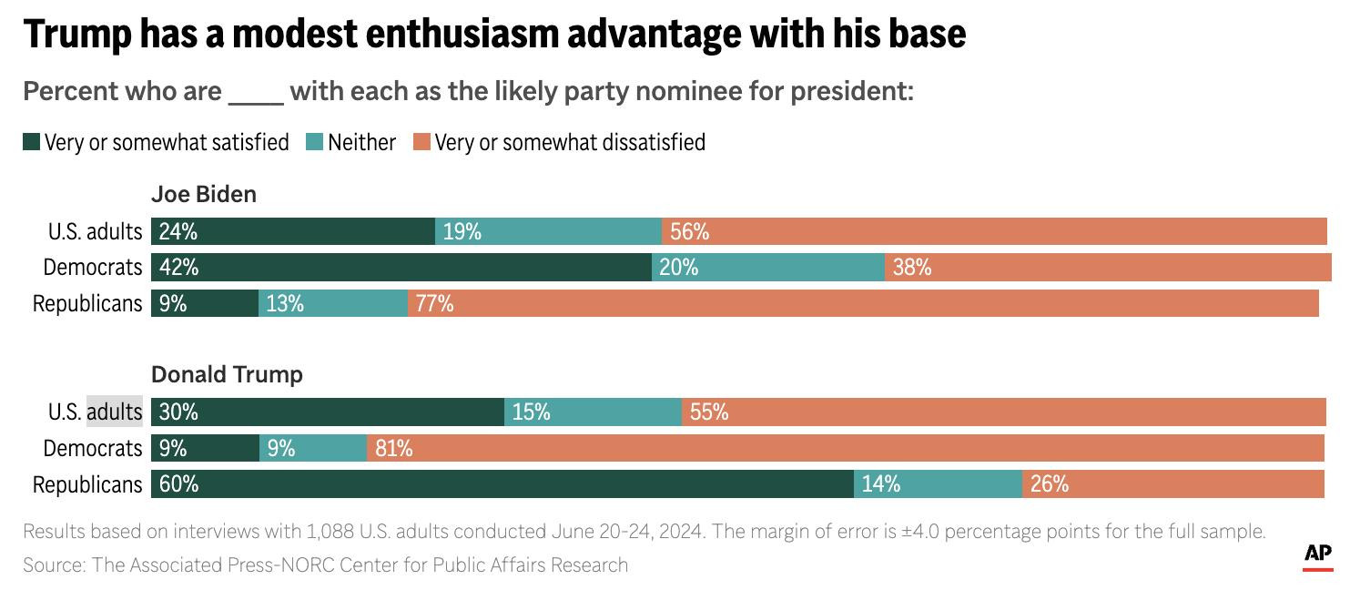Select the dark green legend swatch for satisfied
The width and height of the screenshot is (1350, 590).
click(32, 142)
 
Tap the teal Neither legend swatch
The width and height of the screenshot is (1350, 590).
click(314, 142)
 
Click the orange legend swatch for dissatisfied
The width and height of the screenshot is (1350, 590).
click(421, 142)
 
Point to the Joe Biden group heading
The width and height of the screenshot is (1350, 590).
click(203, 194)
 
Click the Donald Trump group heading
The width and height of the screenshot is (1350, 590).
click(227, 374)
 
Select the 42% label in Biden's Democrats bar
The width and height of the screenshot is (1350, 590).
click(178, 267)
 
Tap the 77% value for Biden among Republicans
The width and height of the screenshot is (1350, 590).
click(434, 303)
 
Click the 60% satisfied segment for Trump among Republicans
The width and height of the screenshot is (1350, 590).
click(502, 484)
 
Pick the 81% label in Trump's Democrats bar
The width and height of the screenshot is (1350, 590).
click(393, 448)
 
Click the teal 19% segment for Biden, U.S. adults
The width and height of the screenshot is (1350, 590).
click(548, 231)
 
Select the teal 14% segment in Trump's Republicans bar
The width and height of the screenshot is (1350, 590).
click(938, 484)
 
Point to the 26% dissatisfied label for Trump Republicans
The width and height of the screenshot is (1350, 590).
click(1049, 484)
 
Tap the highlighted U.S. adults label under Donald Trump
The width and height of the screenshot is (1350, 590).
click(114, 412)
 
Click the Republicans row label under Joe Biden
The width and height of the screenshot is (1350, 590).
click(87, 303)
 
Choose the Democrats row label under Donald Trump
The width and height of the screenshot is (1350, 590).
click(93, 448)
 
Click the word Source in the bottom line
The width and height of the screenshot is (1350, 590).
click(53, 565)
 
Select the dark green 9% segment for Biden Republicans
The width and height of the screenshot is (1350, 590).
click(205, 303)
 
